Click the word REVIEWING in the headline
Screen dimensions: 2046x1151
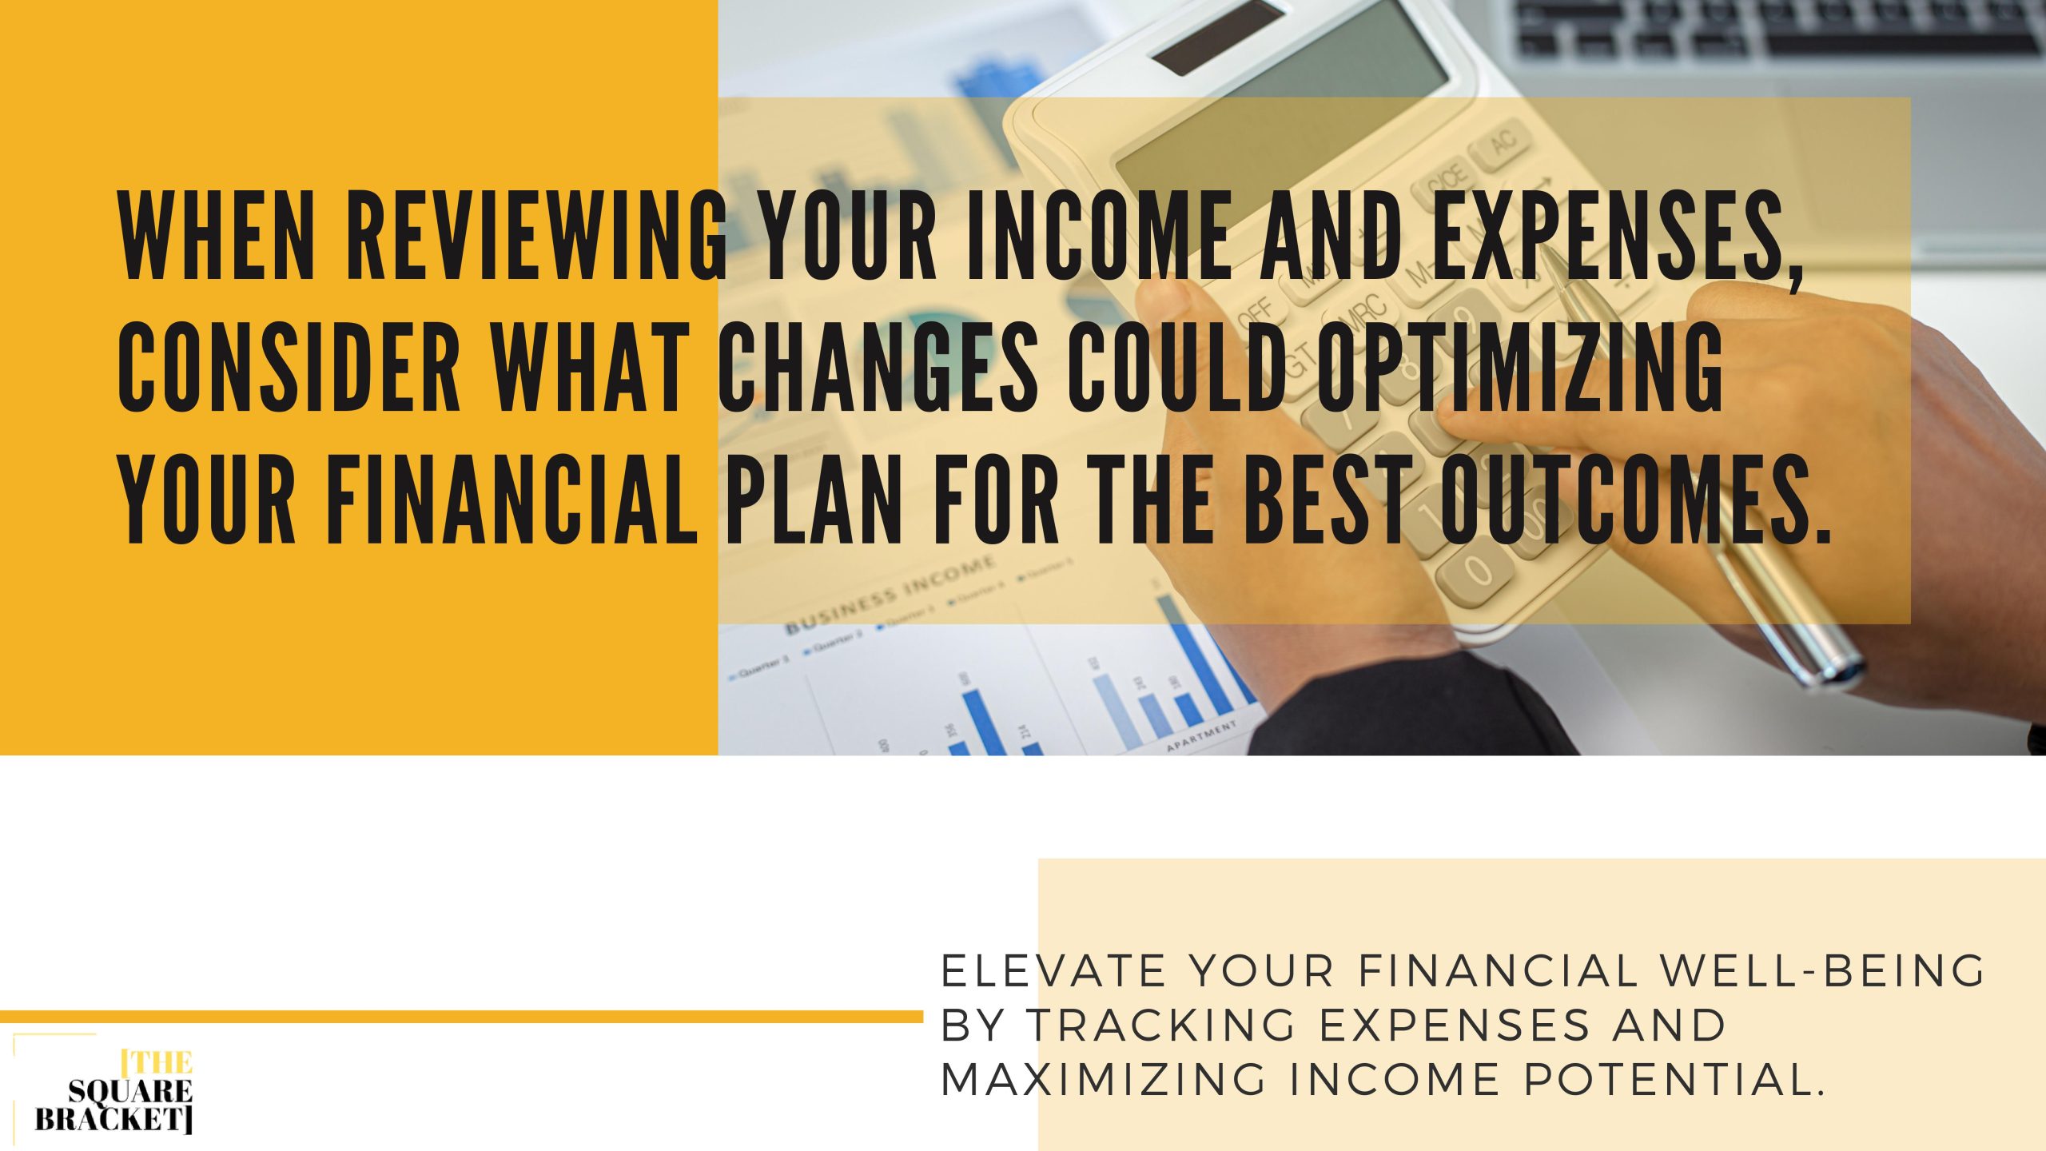point(536,237)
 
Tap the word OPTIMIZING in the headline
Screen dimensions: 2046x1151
point(1519,366)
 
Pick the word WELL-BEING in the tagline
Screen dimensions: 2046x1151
point(1821,971)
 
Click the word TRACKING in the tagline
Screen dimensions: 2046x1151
point(1159,1025)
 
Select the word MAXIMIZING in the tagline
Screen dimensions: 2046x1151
point(1103,1079)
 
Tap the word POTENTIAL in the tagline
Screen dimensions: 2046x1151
point(1674,1079)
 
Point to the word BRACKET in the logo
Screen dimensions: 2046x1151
point(113,1119)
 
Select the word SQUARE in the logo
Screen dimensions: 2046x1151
point(130,1091)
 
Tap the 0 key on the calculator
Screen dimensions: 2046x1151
point(1475,572)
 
